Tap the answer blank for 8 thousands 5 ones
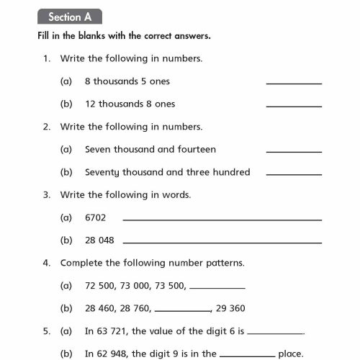click(294, 84)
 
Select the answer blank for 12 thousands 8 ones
click(294, 106)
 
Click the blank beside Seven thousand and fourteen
click(294, 151)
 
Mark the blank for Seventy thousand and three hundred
click(294, 174)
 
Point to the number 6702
click(96, 217)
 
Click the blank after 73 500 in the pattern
click(217, 287)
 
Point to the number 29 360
click(230, 308)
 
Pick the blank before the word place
click(247, 356)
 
